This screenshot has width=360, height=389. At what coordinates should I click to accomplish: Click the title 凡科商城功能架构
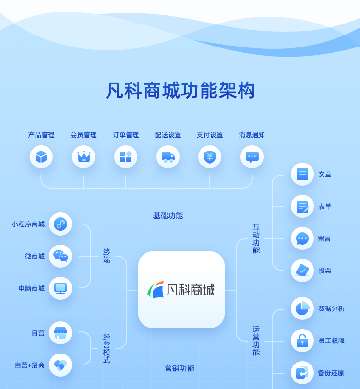click(x=180, y=91)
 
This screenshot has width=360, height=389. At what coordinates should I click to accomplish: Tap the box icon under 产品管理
click(x=41, y=157)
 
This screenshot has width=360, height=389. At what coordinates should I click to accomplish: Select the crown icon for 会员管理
click(x=84, y=157)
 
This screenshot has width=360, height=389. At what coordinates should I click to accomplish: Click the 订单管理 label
click(x=126, y=135)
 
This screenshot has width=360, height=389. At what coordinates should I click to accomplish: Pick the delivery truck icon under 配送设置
click(x=168, y=157)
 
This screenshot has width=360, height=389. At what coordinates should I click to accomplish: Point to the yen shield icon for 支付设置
click(x=210, y=157)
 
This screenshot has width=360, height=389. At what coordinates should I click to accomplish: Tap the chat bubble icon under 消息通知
click(x=252, y=157)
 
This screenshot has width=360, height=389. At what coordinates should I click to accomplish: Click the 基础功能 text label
click(x=168, y=216)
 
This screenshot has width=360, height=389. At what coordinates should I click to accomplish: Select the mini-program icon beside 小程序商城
click(x=60, y=224)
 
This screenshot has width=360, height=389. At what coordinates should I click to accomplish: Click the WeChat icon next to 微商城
click(x=60, y=256)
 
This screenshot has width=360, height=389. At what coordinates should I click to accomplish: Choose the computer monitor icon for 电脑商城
click(x=60, y=288)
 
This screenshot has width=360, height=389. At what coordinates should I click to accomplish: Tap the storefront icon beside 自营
click(x=60, y=333)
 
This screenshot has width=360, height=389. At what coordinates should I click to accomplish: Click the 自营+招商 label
click(x=30, y=365)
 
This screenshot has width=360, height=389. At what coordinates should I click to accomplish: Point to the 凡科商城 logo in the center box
click(x=181, y=290)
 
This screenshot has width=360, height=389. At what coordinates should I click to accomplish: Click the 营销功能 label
click(x=180, y=368)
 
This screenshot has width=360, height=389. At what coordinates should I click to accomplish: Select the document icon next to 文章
click(x=302, y=174)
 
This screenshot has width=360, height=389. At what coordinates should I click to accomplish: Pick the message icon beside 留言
click(x=302, y=238)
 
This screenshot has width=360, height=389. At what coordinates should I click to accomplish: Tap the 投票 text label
click(x=325, y=271)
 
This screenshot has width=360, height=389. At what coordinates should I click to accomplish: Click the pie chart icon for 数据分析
click(x=302, y=308)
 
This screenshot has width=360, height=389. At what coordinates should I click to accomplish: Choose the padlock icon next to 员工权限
click(x=302, y=341)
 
